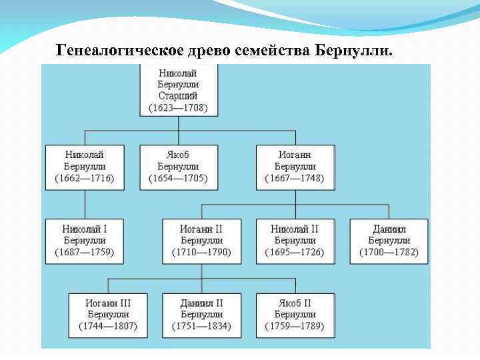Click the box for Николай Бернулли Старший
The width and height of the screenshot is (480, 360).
(x=178, y=89)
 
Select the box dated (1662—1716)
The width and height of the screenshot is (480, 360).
(x=85, y=167)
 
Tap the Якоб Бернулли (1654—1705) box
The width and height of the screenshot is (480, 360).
(x=178, y=167)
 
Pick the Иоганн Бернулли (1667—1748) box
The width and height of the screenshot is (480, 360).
(x=295, y=167)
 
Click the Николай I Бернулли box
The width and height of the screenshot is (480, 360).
(x=85, y=241)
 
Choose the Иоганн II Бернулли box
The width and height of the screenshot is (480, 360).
(x=201, y=241)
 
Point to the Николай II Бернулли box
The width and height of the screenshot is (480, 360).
(x=295, y=241)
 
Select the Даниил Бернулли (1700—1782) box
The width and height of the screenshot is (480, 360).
(x=389, y=241)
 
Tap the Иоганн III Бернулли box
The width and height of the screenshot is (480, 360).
(x=108, y=315)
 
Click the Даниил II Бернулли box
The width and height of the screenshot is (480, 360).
(x=201, y=315)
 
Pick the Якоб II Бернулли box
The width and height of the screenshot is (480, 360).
(x=295, y=315)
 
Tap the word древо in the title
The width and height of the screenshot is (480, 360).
(x=211, y=51)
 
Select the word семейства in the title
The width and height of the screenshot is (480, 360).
(x=274, y=51)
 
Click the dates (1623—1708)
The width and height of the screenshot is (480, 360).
(x=178, y=107)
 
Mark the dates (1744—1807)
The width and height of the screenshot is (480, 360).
(x=108, y=326)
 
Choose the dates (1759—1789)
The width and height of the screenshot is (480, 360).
(x=295, y=326)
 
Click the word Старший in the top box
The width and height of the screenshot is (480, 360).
(x=178, y=96)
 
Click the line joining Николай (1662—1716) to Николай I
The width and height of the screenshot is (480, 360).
(x=85, y=204)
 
